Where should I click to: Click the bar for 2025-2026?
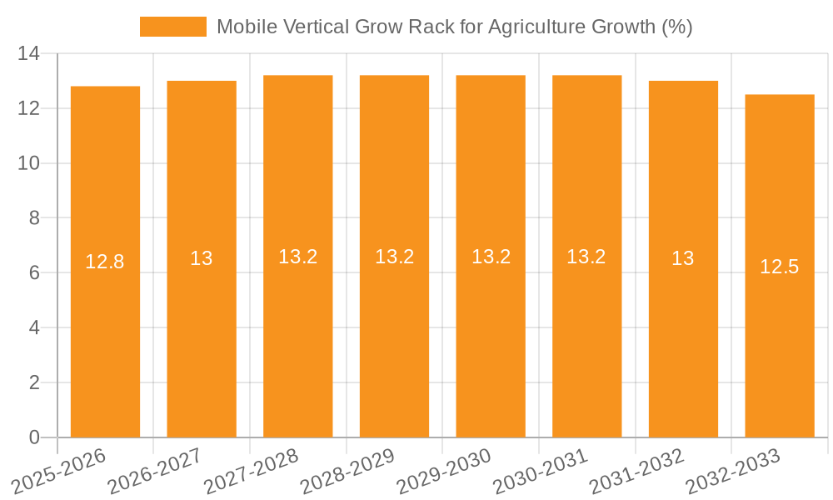coord(105,350)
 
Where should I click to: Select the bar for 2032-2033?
coord(780,350)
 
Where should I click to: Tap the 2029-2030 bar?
coord(491,350)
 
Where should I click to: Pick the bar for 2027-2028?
coord(298,350)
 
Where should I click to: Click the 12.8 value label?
coord(105,262)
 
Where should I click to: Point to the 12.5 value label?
coord(780,267)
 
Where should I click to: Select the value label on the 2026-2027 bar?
coord(202,258)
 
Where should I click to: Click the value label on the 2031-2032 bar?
coord(683,258)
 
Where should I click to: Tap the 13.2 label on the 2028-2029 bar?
coord(395,257)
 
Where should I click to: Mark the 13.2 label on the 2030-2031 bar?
coord(586,257)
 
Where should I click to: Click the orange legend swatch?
coord(172,27)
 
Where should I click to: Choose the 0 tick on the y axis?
coord(34,437)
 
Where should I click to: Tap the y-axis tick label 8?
coord(34,218)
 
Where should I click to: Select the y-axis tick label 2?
coord(34,382)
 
